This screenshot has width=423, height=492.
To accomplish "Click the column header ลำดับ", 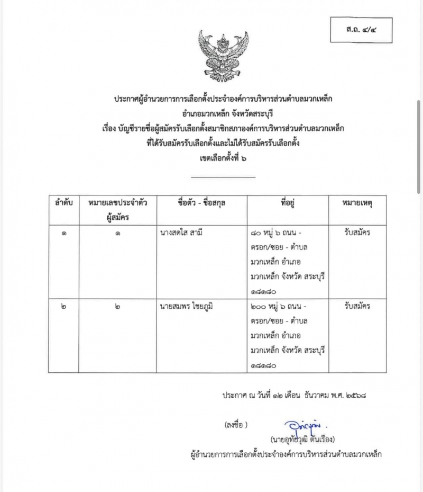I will (63, 203).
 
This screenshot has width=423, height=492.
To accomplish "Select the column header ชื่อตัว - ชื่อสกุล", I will (202, 203).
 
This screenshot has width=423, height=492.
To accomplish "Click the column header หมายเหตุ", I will (357, 203).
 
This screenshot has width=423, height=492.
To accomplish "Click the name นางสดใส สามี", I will (185, 232).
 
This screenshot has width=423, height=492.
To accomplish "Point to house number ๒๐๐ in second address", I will (260, 306).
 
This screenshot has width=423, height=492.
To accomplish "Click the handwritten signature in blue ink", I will (301, 426).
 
